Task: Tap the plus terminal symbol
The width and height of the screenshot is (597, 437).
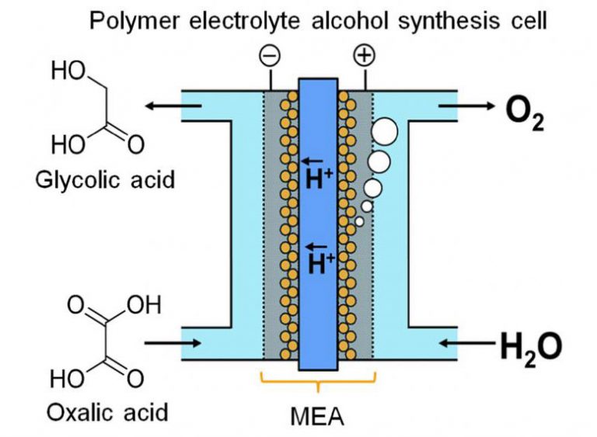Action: [x=363, y=55]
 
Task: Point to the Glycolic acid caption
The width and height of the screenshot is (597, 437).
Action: [x=105, y=181]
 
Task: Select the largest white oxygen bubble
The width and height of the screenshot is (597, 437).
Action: [x=384, y=131]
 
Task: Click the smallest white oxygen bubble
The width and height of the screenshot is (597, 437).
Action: [x=359, y=222]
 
